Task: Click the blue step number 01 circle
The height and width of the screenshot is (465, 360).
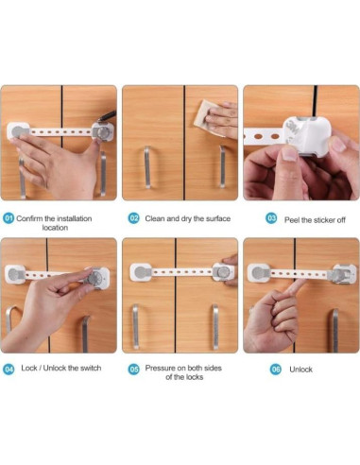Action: [9, 218]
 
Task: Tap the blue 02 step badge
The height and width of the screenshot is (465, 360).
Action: [134, 218]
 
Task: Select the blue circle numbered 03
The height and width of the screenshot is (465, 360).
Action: [271, 218]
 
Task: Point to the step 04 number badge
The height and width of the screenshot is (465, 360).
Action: [9, 369]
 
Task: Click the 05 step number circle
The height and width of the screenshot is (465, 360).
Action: [134, 369]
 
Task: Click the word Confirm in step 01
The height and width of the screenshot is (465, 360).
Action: [33, 218]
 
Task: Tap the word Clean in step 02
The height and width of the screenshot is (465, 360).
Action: [155, 218]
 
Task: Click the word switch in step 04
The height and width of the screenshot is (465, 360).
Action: [93, 369]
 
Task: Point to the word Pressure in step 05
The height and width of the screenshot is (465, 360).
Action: [162, 369]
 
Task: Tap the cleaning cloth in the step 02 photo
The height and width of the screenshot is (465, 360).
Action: [200, 127]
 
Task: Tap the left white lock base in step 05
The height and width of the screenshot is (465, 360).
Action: [141, 273]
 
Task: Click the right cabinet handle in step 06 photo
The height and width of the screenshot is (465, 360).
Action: [334, 330]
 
